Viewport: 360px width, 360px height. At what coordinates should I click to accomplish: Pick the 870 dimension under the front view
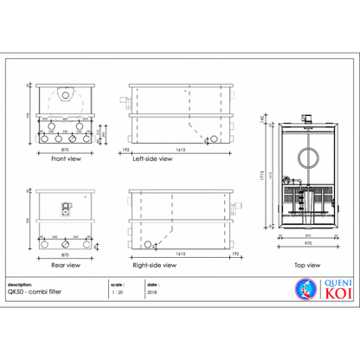tap(62, 151)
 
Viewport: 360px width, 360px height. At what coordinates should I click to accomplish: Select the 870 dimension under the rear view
tap(62, 256)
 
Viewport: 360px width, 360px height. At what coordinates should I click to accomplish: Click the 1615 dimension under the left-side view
tap(180, 151)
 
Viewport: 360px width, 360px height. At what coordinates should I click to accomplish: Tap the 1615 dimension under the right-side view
tap(180, 255)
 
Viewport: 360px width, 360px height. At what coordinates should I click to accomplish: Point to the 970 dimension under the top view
tap(303, 243)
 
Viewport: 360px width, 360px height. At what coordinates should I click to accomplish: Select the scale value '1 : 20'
tap(118, 292)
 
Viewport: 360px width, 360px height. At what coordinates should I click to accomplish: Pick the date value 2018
tap(153, 292)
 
